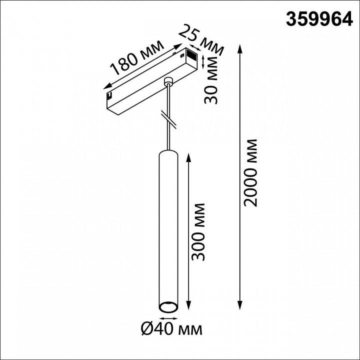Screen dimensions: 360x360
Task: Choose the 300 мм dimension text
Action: (x=199, y=231)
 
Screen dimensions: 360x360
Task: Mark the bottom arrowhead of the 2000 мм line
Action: (x=240, y=305)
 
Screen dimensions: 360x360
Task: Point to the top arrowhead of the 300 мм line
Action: (x=188, y=156)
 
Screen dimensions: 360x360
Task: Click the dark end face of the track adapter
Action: (x=192, y=53)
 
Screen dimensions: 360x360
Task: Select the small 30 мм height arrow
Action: (x=202, y=61)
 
